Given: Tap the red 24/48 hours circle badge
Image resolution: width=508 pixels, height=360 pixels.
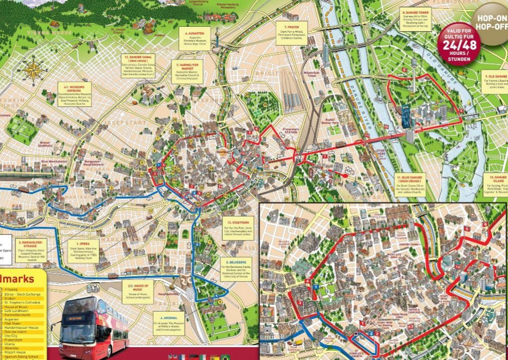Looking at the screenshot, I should pos(459,43).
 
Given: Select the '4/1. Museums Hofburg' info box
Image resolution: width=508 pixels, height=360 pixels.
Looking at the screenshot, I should pos(73,95).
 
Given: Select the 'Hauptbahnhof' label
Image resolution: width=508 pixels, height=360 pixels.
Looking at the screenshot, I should pos(165,294).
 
